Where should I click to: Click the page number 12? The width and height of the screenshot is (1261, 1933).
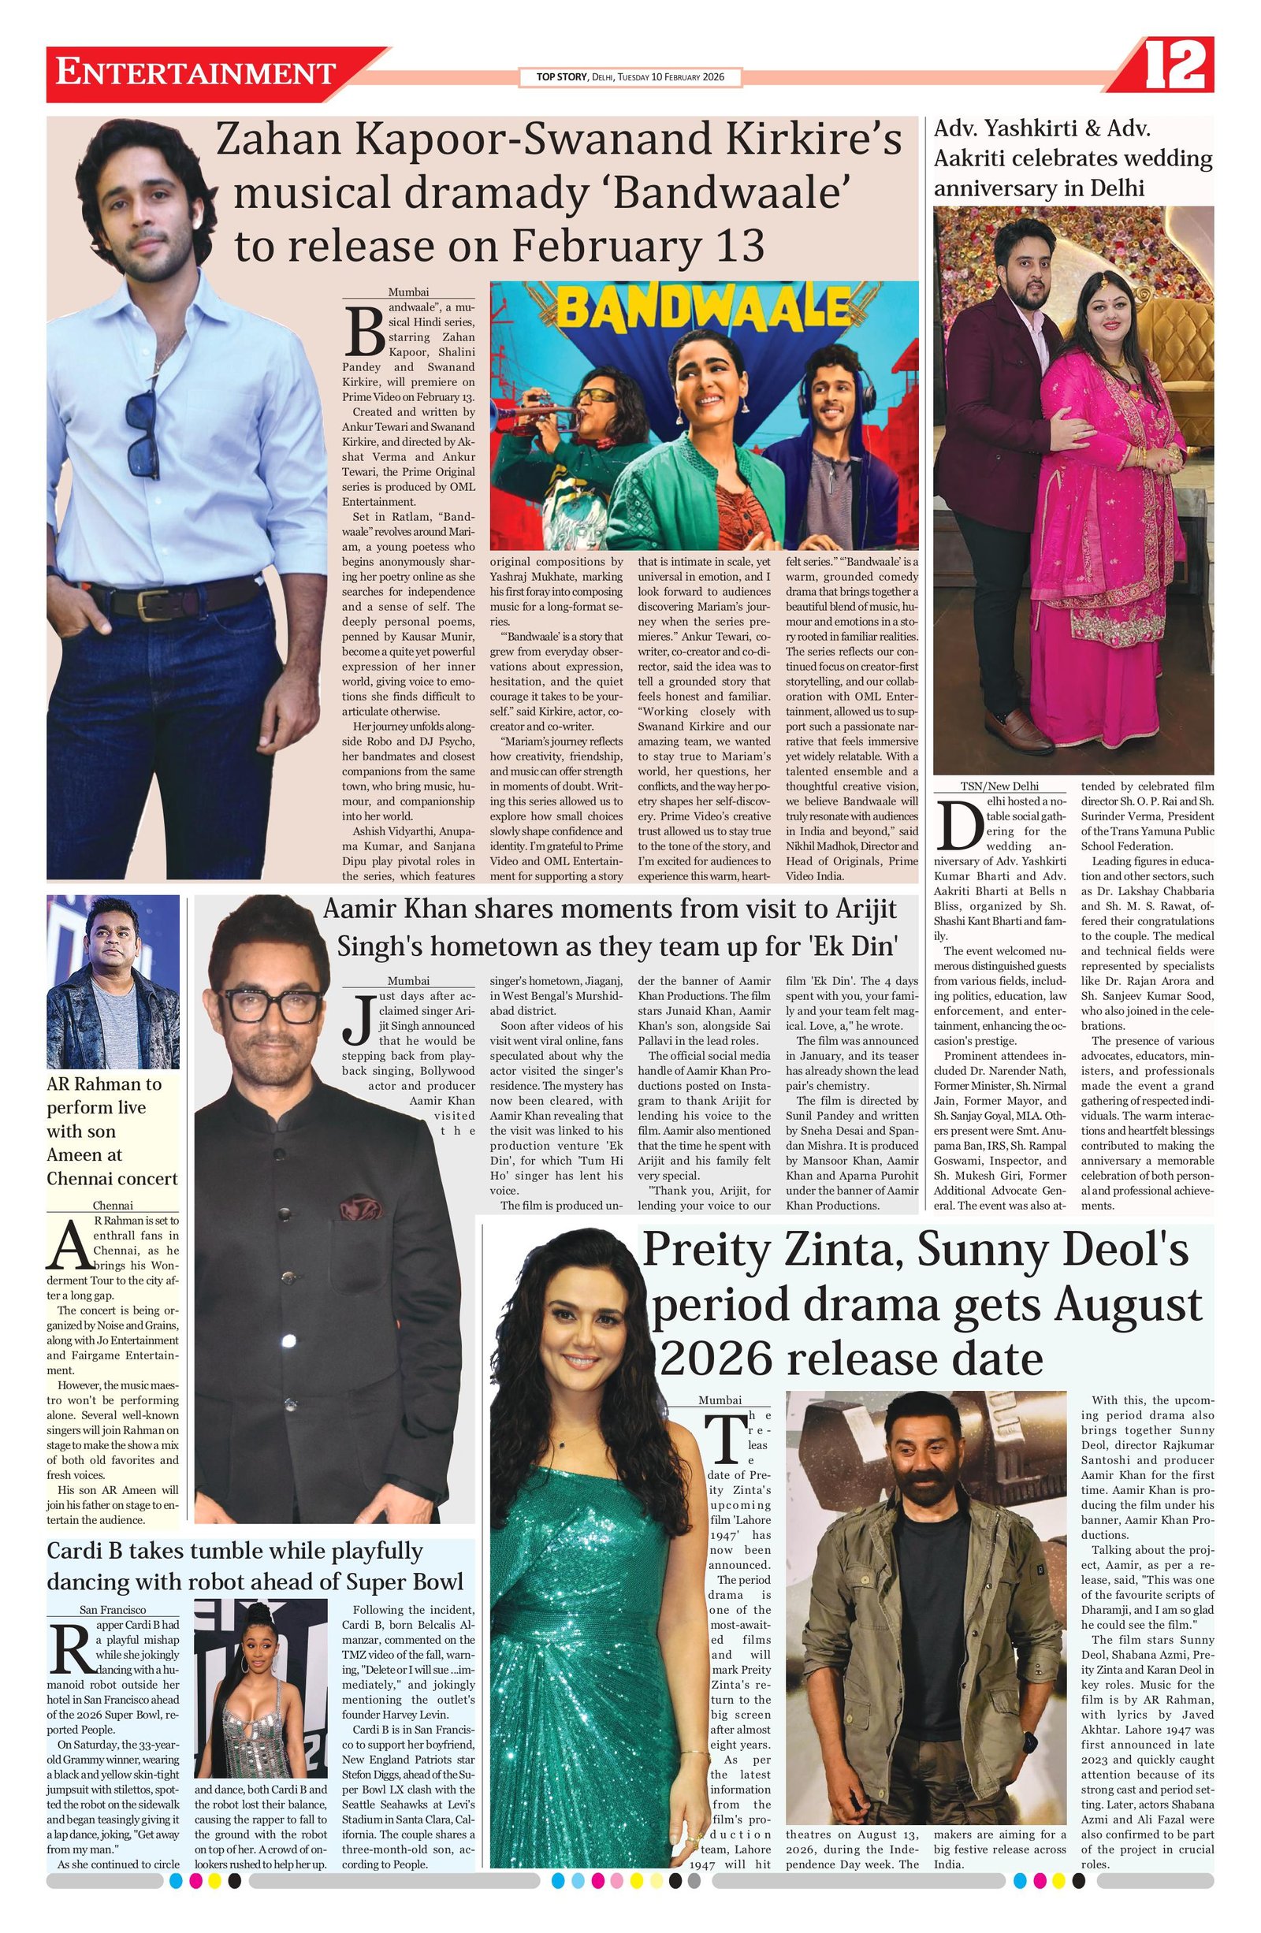pyautogui.click(x=1174, y=67)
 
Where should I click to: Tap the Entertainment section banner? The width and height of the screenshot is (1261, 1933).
pyautogui.click(x=195, y=74)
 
